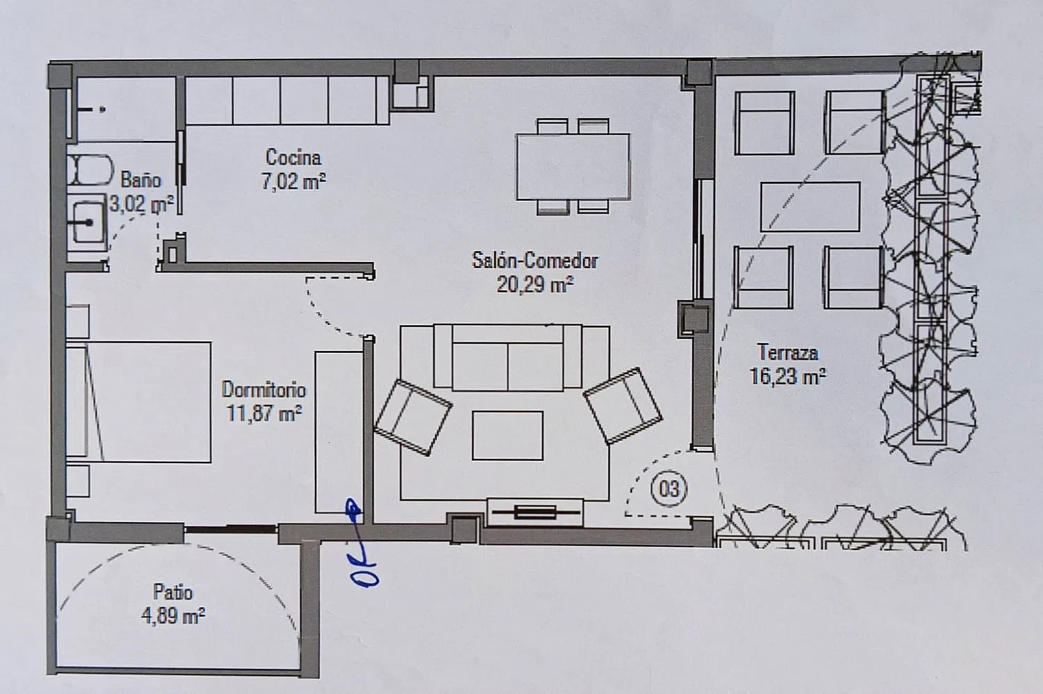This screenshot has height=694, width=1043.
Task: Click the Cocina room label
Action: pos(293,157)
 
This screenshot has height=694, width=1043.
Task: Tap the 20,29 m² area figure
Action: pos(535,284)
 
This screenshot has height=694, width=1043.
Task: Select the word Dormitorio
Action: pos(264,390)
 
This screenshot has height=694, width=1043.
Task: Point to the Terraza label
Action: pos(788,353)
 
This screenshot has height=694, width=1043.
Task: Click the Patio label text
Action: pos(172,592)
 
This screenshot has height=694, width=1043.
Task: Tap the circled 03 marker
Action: pos(669,489)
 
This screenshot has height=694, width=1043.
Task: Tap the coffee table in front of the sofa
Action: pos(508,435)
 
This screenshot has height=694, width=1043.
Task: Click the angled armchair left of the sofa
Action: pos(413,417)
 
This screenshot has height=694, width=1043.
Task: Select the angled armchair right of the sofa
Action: pos(622,405)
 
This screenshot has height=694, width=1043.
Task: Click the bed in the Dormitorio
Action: pos(138,402)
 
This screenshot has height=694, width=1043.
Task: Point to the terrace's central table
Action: pos(810,207)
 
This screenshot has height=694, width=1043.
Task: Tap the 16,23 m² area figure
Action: pos(788,377)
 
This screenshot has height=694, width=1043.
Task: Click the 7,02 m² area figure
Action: pos(293,181)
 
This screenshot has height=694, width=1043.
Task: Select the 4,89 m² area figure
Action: pos(173,616)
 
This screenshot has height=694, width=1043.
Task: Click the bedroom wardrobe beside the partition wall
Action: pos(339,433)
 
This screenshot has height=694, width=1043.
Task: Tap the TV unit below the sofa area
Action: pos(535,513)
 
